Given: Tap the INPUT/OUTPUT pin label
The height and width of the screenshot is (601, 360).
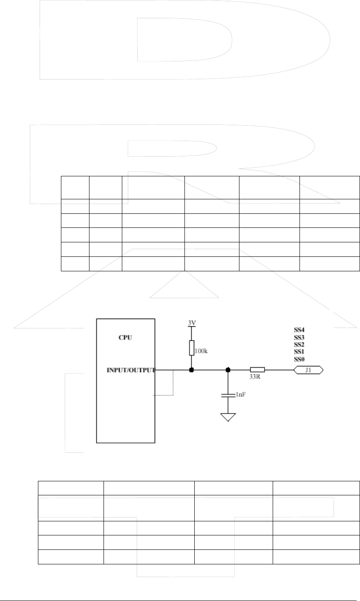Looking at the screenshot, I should (130, 370).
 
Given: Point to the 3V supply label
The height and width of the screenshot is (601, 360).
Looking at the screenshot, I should (192, 323).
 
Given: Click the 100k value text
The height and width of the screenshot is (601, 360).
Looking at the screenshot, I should (202, 352).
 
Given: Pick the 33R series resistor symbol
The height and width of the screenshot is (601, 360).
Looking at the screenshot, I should (257, 370).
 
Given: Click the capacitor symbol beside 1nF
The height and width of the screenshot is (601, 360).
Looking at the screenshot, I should (228, 396).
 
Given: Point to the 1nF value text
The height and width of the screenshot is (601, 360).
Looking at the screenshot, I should (241, 395).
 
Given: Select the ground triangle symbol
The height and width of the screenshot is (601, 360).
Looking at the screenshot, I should (228, 417).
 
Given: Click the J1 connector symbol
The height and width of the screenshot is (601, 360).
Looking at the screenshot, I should (308, 370).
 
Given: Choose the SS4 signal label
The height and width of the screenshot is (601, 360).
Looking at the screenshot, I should (300, 329).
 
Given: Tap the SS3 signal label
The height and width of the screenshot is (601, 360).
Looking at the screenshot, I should (300, 337).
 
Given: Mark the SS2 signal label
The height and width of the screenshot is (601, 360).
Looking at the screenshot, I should (300, 344).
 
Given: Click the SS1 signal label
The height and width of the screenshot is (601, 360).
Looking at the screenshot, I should (300, 352).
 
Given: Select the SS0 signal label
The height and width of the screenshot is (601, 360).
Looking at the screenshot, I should (300, 359).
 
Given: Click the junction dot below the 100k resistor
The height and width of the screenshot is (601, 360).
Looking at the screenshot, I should (192, 370).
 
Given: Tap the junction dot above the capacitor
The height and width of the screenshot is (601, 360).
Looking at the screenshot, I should (228, 370).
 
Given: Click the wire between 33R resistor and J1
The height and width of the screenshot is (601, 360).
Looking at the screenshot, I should (279, 370).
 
